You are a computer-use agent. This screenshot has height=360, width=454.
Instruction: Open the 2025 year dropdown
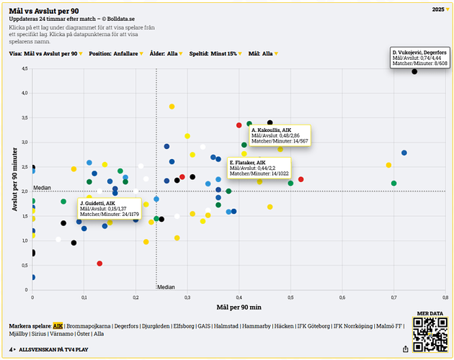click(x=440, y=9)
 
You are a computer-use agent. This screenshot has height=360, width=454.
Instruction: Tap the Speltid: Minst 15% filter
click(x=216, y=53)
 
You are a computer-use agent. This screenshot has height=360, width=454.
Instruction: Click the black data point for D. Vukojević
click(x=414, y=71)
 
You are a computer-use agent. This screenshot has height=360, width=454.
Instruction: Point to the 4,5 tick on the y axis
click(x=24, y=68)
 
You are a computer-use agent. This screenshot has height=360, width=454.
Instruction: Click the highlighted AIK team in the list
click(x=58, y=325)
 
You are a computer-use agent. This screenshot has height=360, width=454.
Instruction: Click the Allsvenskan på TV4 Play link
click(x=55, y=348)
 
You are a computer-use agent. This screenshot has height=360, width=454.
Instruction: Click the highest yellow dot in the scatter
click(x=172, y=107)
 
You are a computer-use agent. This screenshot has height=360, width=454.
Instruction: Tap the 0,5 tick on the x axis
click(x=290, y=297)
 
